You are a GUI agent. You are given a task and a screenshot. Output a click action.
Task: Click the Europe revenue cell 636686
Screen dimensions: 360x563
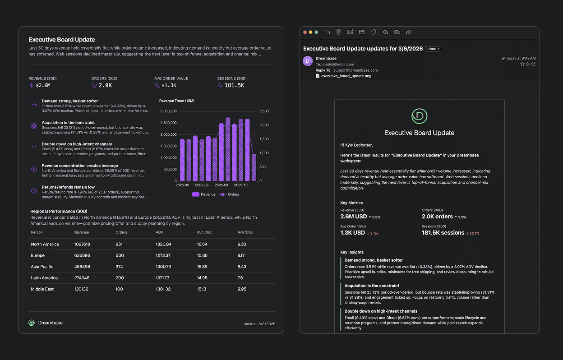(82, 255)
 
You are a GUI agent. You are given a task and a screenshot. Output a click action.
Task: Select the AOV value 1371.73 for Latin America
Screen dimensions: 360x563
(163, 278)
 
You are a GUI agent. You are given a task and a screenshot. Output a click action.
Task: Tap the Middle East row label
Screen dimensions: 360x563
(42, 289)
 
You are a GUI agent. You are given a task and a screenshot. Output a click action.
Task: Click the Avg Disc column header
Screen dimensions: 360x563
(204, 232)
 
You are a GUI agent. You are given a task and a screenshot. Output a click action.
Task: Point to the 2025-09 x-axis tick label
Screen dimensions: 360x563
(222, 185)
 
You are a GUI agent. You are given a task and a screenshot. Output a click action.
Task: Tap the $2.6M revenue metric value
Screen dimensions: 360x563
(43, 85)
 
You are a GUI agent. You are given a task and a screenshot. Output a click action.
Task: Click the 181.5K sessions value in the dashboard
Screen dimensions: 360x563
(234, 85)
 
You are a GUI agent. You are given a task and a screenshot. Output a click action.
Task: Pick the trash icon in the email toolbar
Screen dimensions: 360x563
(339, 32)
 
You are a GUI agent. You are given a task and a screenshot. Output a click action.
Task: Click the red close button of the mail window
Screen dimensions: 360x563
(305, 32)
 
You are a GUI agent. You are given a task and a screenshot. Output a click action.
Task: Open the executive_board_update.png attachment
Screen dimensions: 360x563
(346, 76)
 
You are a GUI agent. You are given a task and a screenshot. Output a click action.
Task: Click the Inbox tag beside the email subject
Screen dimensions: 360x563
(433, 49)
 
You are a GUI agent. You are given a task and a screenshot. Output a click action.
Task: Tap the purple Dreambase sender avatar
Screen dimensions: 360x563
(308, 61)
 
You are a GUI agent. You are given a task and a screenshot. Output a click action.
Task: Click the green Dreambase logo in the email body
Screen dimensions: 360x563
(419, 116)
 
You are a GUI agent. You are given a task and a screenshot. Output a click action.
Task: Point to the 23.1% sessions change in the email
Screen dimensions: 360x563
(474, 233)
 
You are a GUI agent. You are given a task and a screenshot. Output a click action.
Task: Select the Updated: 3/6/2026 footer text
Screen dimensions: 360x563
(258, 324)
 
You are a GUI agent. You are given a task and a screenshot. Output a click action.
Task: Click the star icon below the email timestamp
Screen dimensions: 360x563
(522, 65)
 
